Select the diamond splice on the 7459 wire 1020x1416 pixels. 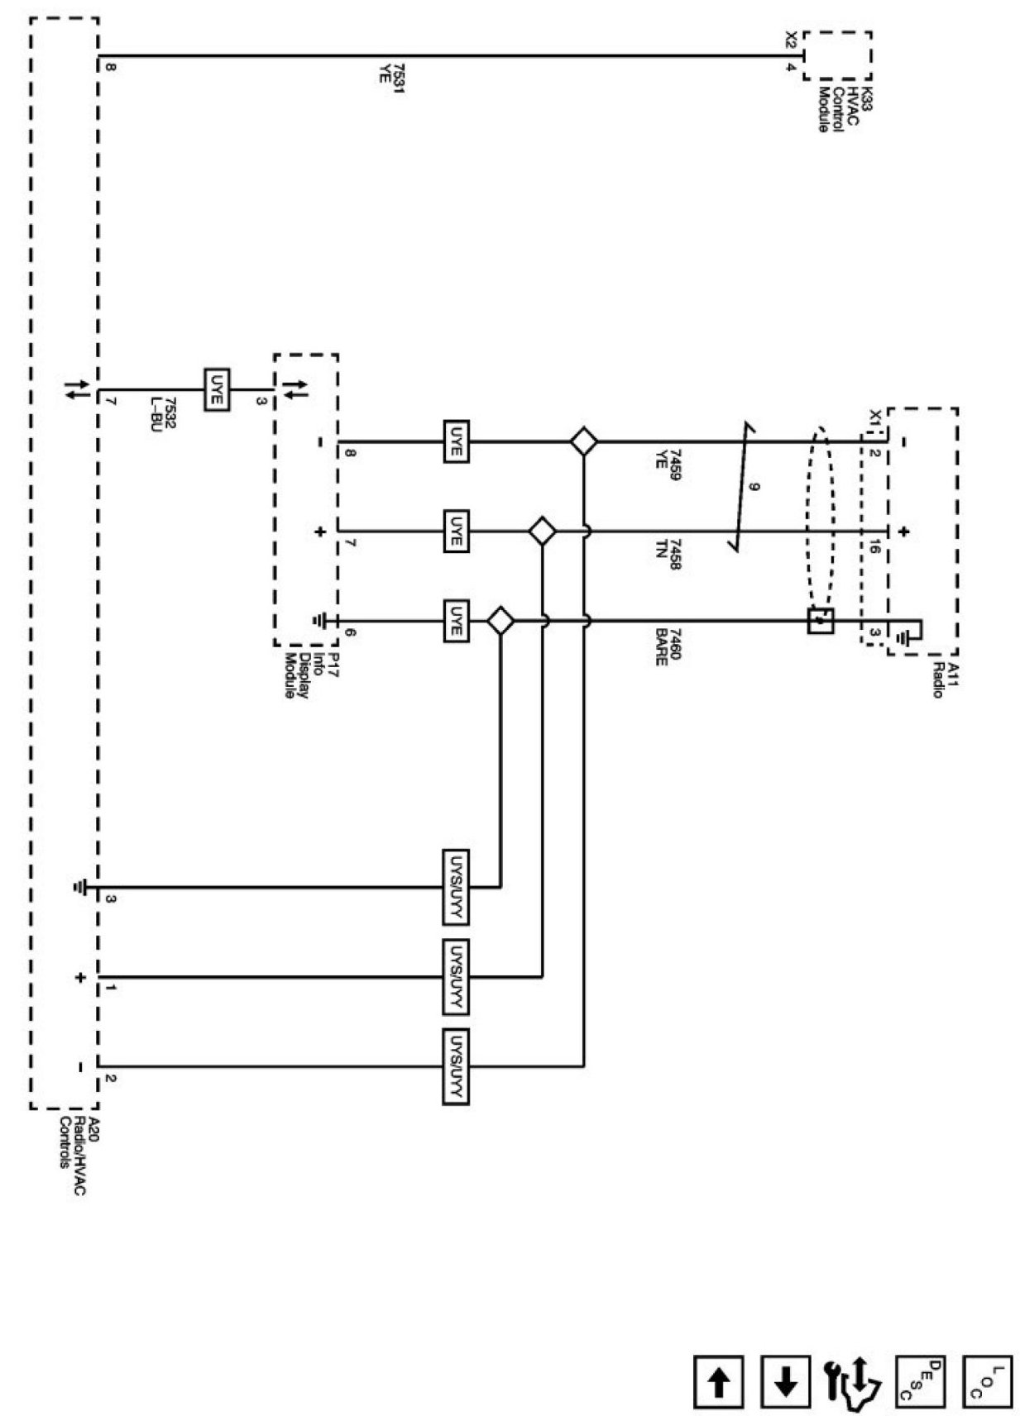(584, 441)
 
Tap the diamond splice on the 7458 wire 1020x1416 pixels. (542, 531)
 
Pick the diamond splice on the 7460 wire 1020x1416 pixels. (500, 620)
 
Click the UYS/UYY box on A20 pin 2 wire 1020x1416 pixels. (456, 1066)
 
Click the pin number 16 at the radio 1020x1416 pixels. (874, 551)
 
